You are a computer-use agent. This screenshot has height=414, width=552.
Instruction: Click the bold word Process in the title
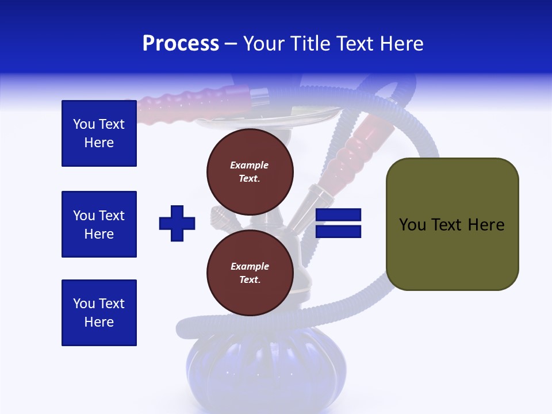(181, 44)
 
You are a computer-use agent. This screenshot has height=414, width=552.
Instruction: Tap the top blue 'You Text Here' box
(99, 133)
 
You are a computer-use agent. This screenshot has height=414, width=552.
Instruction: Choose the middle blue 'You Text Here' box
(99, 224)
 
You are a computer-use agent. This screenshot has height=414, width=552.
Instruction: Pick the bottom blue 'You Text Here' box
(99, 313)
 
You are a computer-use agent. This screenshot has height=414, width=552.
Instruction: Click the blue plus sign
(177, 223)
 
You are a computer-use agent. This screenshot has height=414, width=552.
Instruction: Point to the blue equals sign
(339, 223)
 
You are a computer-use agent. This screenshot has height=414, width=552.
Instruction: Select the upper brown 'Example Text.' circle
(250, 171)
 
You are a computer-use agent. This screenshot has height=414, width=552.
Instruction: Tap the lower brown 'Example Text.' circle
(250, 273)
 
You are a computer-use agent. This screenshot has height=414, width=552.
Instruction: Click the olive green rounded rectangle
(452, 224)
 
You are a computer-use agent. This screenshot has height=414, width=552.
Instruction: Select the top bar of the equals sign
(339, 215)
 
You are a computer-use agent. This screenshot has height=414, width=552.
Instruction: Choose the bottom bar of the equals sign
(339, 231)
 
